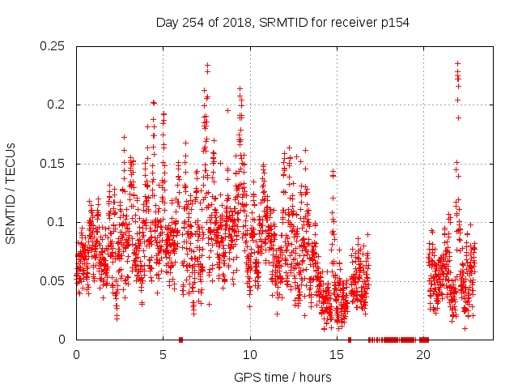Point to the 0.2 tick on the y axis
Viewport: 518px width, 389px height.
[59, 105]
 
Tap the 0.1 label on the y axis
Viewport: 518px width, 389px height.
[59, 222]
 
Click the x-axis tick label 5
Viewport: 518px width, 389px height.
[163, 355]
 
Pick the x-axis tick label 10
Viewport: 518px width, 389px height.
[250, 355]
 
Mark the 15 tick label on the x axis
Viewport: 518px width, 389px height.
[337, 355]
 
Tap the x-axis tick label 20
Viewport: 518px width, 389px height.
[423, 355]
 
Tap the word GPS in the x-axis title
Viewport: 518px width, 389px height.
[246, 377]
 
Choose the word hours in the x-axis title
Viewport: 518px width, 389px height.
[312, 377]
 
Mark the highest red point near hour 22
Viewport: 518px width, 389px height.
[457, 63]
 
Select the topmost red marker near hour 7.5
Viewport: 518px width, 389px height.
[207, 65]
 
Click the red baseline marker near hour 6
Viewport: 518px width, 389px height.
[180, 340]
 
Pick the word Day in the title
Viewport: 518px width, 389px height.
[167, 23]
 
